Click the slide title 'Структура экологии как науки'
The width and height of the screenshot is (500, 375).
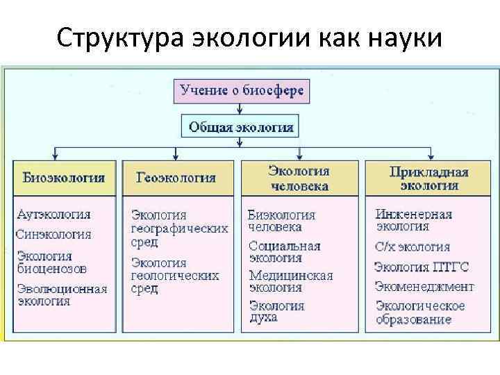point(249,36)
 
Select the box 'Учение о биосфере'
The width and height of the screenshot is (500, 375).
point(241,90)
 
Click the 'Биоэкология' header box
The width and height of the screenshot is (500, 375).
point(64,177)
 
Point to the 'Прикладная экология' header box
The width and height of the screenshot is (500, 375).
point(428,177)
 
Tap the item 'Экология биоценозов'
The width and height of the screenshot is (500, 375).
point(52,261)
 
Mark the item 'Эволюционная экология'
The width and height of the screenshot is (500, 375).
point(62,294)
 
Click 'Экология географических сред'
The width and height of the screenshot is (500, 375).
point(179,228)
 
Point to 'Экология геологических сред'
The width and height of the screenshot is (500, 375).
point(175,275)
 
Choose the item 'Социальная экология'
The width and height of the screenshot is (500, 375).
point(284,251)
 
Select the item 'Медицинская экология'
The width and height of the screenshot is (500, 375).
point(290,281)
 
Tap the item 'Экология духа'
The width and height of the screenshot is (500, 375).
point(276,311)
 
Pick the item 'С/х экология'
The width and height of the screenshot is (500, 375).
point(412,247)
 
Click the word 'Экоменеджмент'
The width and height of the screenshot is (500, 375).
point(424,286)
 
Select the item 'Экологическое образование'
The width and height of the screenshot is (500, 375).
point(420,312)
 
